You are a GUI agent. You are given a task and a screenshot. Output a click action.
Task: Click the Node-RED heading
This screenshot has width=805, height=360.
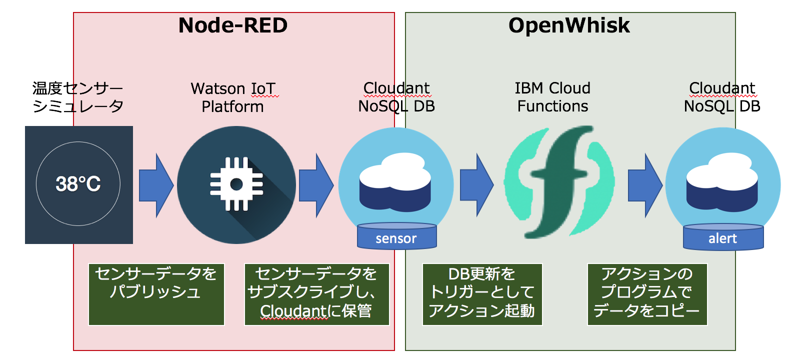click(x=233, y=25)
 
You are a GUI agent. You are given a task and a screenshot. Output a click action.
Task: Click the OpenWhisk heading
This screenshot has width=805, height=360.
click(x=569, y=25)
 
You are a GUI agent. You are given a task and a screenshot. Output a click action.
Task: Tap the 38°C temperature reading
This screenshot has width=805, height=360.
click(x=78, y=184)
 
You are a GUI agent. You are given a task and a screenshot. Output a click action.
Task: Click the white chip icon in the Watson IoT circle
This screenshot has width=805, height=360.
click(x=236, y=184)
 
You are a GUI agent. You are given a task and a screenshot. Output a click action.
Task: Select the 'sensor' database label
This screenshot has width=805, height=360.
click(x=396, y=238)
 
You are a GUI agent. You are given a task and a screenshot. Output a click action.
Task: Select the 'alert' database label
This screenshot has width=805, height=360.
click(x=722, y=238)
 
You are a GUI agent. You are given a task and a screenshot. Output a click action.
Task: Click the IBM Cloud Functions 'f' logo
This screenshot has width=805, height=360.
click(x=559, y=182)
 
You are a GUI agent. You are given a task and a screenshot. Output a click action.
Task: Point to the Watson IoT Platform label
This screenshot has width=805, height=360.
click(x=233, y=97)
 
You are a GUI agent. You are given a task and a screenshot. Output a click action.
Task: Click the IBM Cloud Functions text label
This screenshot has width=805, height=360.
click(x=552, y=97)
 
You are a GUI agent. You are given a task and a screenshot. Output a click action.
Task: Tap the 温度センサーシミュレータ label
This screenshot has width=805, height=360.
click(x=77, y=97)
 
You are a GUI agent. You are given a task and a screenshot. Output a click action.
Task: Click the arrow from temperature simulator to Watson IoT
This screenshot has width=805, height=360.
click(x=155, y=185)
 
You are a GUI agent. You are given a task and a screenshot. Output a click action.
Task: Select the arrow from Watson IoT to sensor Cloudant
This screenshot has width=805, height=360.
click(x=315, y=185)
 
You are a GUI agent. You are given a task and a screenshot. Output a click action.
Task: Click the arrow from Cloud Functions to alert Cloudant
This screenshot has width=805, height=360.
click(x=644, y=185)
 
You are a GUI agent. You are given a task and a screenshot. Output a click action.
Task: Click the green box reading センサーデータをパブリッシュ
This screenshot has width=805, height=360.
click(x=156, y=294)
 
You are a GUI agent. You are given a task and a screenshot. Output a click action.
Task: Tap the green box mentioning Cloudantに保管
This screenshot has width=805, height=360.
click(x=316, y=294)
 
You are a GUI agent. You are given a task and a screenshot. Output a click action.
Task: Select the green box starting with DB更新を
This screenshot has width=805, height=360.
click(x=482, y=294)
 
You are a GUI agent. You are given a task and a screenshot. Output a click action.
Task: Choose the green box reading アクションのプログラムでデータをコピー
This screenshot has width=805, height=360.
click(x=647, y=294)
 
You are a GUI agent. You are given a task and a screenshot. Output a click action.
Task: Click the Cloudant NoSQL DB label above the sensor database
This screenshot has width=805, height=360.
click(x=396, y=97)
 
